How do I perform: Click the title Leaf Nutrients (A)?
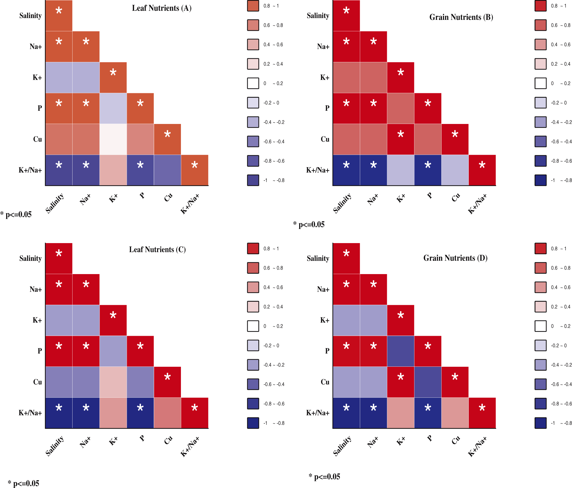pos(162,8)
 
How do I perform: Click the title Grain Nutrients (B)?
pos(461,17)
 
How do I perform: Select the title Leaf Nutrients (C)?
pos(157,249)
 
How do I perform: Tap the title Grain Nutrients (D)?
pos(455,258)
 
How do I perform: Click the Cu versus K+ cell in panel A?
pos(113,139)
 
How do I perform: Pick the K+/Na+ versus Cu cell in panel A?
pos(167,170)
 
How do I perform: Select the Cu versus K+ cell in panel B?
pos(401,139)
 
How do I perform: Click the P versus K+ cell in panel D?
pos(401,351)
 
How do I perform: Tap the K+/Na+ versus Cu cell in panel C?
pos(167,413)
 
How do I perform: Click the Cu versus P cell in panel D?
pos(428,382)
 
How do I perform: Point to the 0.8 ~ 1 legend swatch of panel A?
pos(253,6)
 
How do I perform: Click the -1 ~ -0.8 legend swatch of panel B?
pos(540,180)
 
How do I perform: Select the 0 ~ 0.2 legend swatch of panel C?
pos(253,326)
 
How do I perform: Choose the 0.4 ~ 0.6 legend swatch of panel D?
pos(540,287)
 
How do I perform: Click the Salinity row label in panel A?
pos(30,16)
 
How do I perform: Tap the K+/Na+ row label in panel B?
pos(318,170)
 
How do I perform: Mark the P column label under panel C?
pos(142,438)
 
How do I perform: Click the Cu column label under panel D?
pos(456,440)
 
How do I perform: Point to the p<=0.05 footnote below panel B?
pos(309,224)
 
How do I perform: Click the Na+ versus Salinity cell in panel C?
pos(59,289)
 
